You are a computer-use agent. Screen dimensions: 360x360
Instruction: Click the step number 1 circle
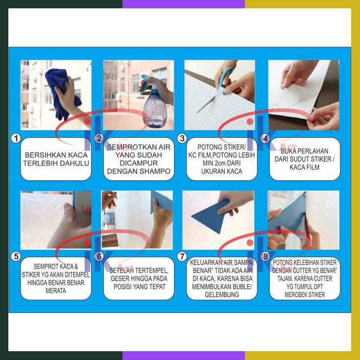(16, 139)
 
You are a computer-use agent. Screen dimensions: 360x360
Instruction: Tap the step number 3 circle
(182, 139)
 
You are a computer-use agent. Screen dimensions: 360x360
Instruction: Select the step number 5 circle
(16, 256)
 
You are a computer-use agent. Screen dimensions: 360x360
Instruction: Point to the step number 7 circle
(182, 256)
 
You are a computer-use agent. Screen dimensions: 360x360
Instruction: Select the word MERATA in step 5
(56, 290)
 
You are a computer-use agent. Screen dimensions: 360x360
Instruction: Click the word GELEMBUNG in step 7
(222, 294)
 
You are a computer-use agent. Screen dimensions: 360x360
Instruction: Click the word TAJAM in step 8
(285, 279)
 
